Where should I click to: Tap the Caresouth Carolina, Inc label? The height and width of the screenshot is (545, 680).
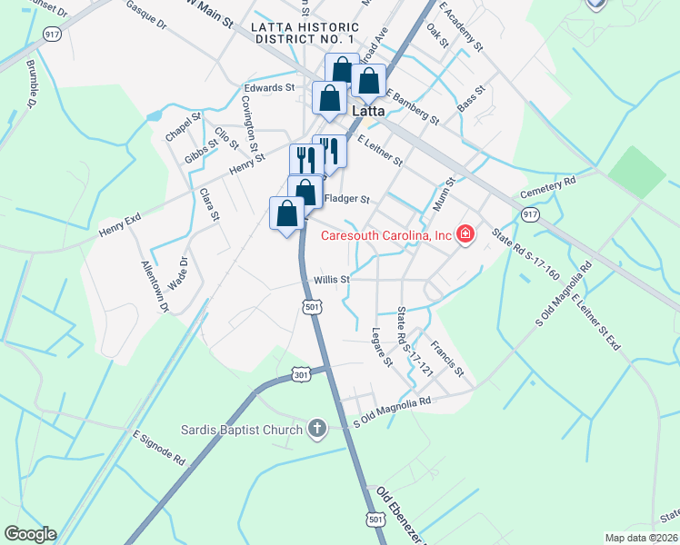click(386, 235)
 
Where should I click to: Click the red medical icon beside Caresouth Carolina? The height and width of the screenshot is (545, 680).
click(465, 235)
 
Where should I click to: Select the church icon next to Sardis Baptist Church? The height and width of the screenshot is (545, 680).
click(316, 428)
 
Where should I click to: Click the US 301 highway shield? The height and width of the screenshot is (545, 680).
click(302, 373)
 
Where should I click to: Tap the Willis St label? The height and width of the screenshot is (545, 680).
click(332, 280)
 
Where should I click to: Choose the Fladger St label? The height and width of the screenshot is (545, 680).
click(347, 199)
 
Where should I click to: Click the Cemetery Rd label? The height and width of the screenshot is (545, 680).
click(549, 187)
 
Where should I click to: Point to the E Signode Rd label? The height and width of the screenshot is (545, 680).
click(159, 449)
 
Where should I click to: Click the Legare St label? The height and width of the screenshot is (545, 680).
click(382, 347)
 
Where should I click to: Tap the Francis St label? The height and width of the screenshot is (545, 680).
click(447, 359)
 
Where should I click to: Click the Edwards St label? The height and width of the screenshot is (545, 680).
click(269, 88)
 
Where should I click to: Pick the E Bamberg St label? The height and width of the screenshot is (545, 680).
click(412, 106)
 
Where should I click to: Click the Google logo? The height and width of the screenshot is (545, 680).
click(30, 534)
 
